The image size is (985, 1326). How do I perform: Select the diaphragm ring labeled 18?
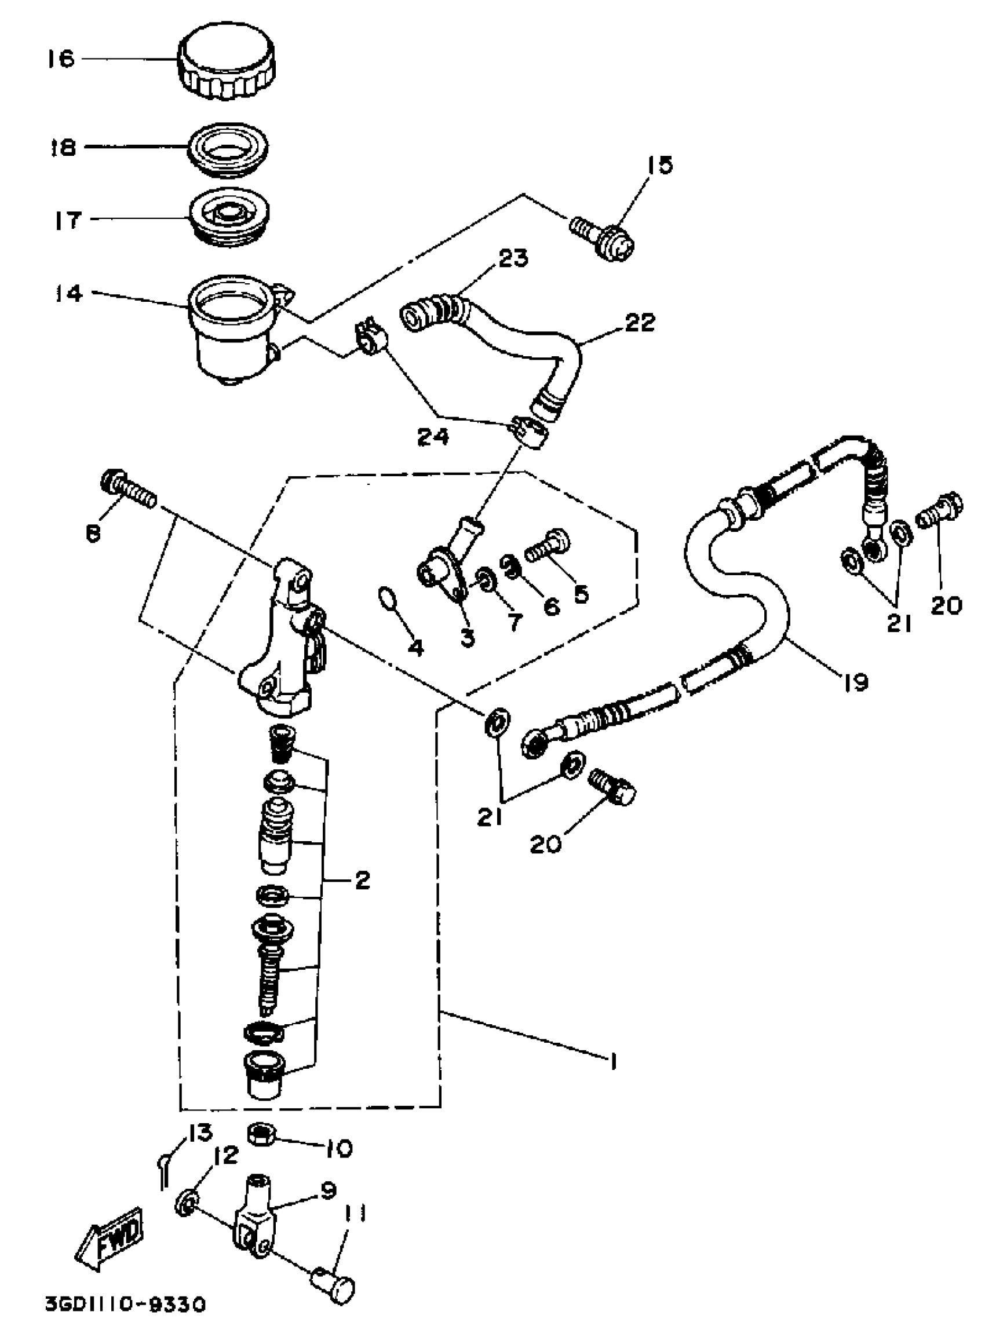(x=227, y=148)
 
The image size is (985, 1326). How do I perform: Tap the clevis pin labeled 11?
(x=334, y=1281)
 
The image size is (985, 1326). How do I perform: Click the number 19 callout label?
(x=856, y=682)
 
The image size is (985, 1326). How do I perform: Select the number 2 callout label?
(x=362, y=880)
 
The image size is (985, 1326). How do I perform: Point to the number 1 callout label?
(x=612, y=1061)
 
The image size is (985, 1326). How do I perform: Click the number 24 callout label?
(x=432, y=438)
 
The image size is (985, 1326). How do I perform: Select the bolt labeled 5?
(x=548, y=545)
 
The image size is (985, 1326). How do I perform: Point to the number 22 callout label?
(x=640, y=323)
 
